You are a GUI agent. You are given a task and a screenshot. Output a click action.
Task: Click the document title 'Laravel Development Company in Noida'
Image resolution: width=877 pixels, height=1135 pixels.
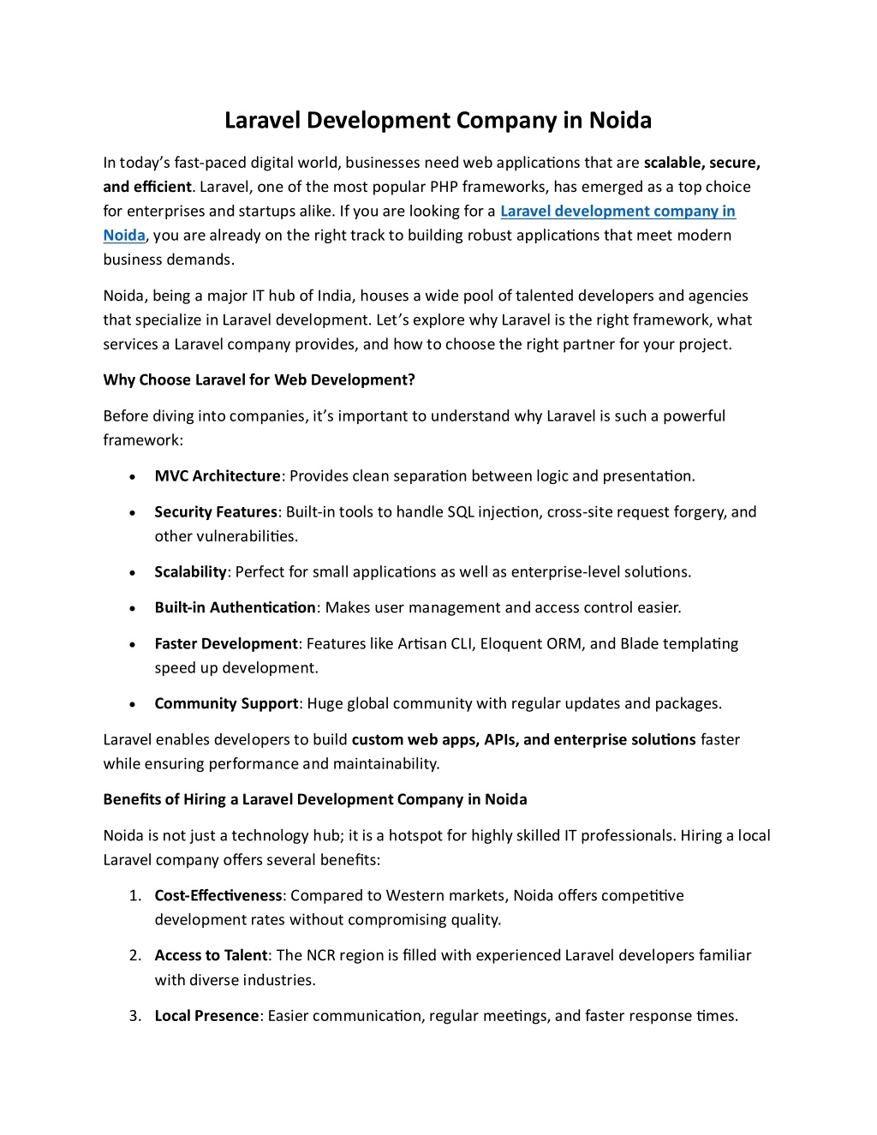pyautogui.click(x=438, y=121)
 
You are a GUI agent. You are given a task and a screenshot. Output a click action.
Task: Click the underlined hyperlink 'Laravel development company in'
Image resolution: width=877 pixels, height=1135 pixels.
pyautogui.click(x=617, y=212)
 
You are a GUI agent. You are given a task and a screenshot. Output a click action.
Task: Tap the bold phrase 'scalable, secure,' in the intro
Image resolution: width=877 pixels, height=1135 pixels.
pyautogui.click(x=701, y=163)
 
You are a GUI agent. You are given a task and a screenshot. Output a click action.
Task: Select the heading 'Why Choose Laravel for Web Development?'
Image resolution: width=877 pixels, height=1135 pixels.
pyautogui.click(x=259, y=380)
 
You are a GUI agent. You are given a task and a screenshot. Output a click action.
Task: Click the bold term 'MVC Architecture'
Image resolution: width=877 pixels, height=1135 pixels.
pyautogui.click(x=218, y=476)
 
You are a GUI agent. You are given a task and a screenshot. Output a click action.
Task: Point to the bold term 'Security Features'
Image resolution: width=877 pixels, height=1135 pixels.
pyautogui.click(x=216, y=512)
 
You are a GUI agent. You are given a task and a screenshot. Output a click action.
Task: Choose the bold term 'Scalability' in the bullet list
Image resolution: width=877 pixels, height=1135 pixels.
pyautogui.click(x=190, y=572)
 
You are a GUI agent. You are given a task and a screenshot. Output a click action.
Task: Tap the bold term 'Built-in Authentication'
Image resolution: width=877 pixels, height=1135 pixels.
pyautogui.click(x=235, y=608)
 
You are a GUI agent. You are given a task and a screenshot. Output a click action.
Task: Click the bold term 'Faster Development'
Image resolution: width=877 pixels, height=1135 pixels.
pyautogui.click(x=226, y=644)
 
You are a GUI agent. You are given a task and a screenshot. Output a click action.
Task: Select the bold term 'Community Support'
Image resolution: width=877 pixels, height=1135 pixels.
pyautogui.click(x=226, y=704)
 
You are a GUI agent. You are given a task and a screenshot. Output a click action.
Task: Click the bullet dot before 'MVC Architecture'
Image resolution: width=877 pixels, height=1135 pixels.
pyautogui.click(x=133, y=477)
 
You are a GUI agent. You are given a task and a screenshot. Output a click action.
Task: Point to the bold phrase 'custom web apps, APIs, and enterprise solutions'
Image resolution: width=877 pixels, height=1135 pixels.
pyautogui.click(x=523, y=740)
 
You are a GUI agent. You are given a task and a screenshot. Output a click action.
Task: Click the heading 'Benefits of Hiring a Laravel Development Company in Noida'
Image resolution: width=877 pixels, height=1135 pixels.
pyautogui.click(x=315, y=800)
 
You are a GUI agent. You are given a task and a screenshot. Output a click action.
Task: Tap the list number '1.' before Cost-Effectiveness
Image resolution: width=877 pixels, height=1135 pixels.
pyautogui.click(x=135, y=896)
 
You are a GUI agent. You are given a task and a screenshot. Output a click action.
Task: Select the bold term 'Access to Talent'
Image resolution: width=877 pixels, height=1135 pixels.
pyautogui.click(x=211, y=956)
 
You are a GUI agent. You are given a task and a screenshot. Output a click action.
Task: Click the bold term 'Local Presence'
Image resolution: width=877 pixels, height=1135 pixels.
pyautogui.click(x=206, y=1016)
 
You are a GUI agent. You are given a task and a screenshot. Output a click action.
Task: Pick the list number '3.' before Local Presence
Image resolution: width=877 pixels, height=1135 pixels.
pyautogui.click(x=135, y=1016)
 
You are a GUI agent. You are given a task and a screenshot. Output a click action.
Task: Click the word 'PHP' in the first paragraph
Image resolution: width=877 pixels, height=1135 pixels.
pyautogui.click(x=444, y=187)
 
